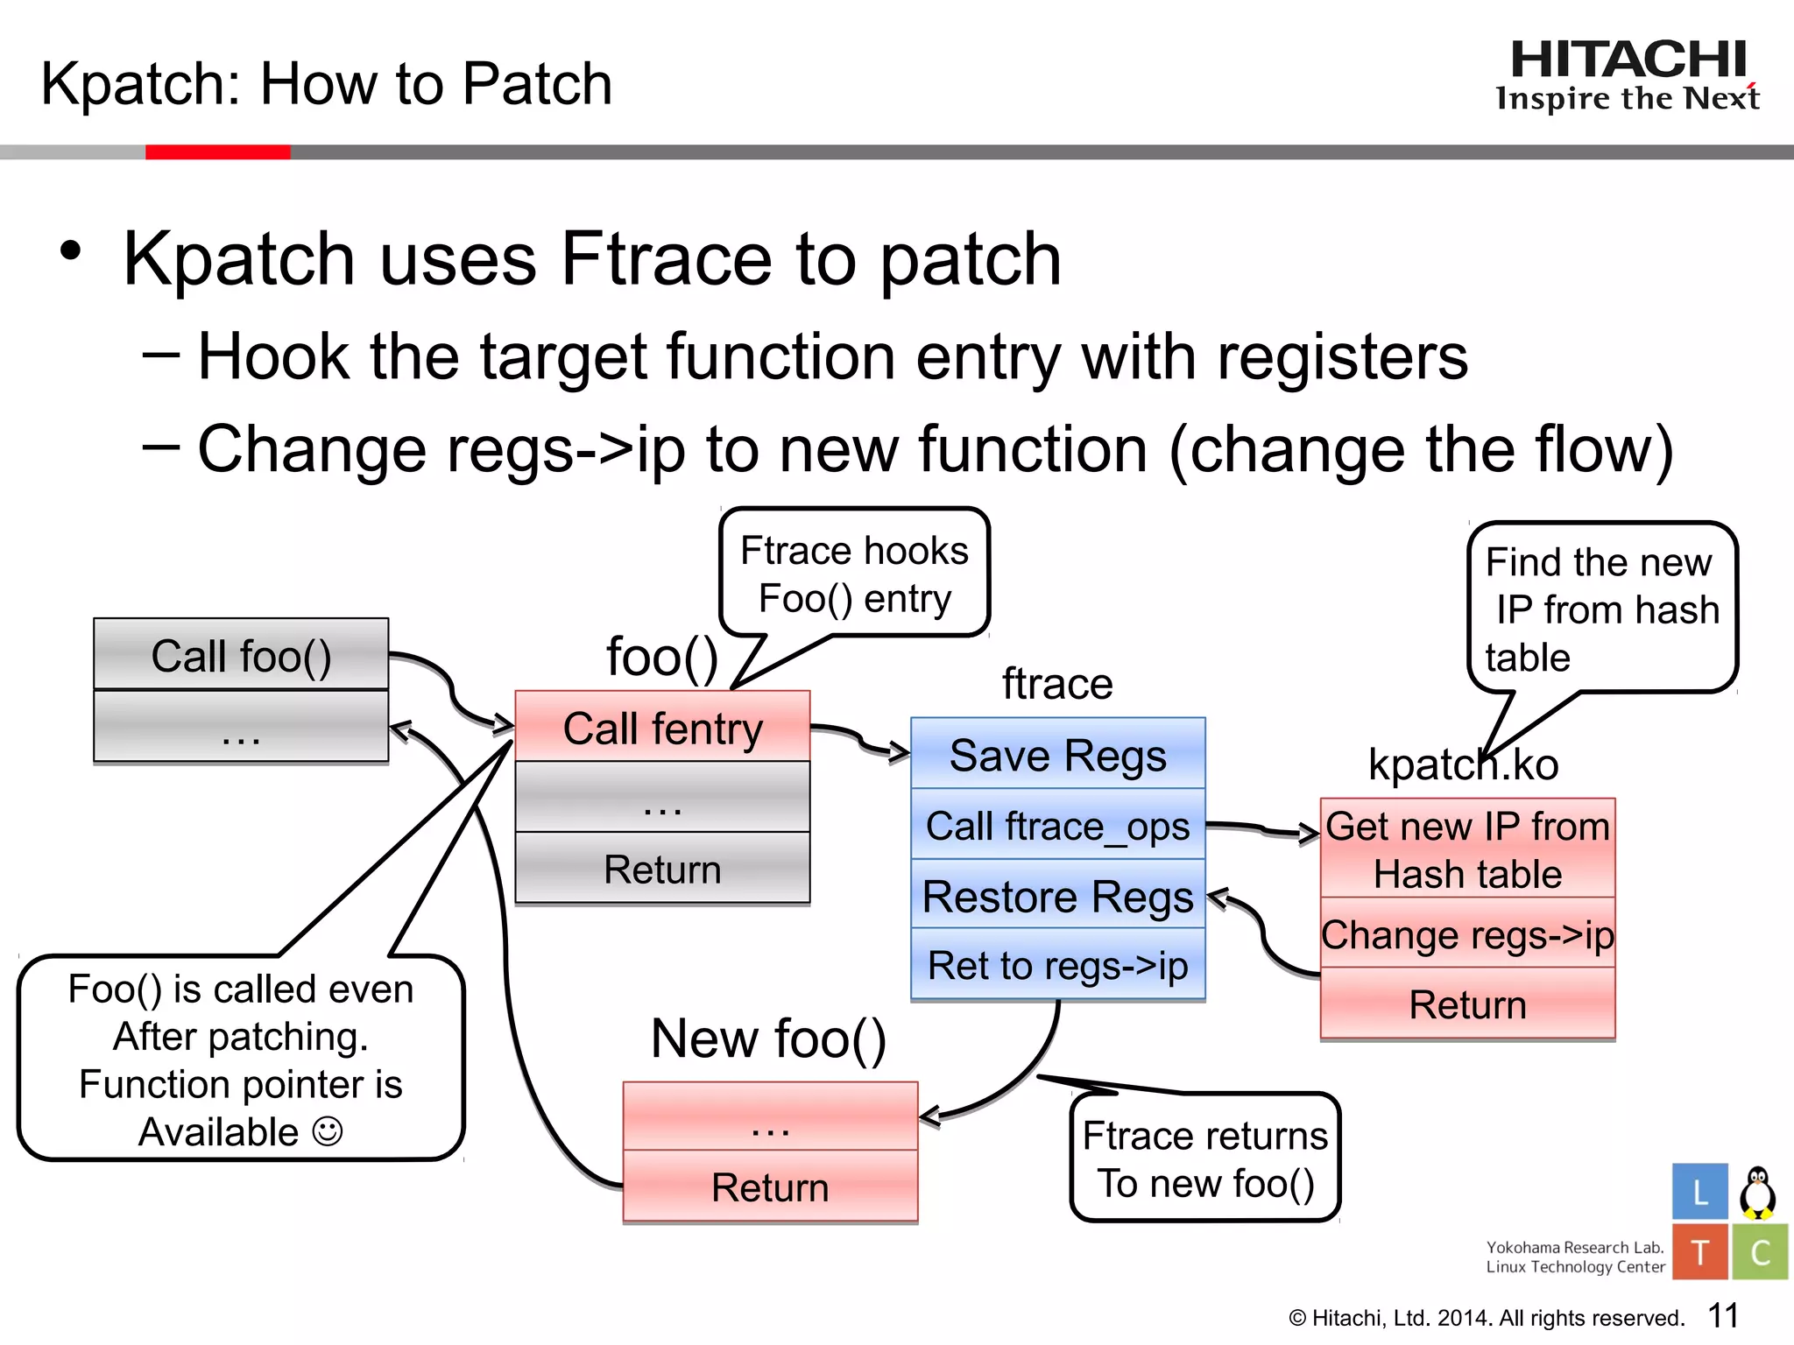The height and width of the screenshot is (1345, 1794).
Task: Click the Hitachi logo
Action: [1628, 75]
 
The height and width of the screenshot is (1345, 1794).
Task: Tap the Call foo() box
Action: [241, 655]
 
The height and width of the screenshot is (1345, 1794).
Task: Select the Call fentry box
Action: [662, 727]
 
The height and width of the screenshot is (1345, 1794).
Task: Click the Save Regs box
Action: [1057, 754]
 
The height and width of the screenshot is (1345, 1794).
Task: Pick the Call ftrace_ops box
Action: [1057, 825]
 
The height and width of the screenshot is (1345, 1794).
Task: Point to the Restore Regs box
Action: [1057, 895]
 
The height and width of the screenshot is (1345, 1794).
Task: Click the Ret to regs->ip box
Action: [1057, 965]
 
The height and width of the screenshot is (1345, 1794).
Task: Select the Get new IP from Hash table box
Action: [1467, 849]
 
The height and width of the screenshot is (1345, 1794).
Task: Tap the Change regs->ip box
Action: [1467, 933]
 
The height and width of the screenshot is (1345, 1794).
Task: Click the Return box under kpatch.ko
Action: [1467, 1003]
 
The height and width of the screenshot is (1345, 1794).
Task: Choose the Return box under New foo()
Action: [770, 1187]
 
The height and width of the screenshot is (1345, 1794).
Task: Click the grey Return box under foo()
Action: [662, 869]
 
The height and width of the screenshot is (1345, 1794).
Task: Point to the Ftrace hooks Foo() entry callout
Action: [854, 574]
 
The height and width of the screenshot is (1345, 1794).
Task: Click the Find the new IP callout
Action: [1601, 608]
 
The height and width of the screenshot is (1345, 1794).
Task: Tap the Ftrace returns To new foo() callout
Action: [1205, 1158]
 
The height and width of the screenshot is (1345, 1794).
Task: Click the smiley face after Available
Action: [328, 1131]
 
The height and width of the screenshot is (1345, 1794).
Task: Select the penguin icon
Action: [1757, 1192]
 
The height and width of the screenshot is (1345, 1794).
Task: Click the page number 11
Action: [1722, 1315]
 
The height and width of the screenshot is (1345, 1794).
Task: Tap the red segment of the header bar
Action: [217, 152]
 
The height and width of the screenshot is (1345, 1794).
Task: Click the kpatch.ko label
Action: [1463, 764]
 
